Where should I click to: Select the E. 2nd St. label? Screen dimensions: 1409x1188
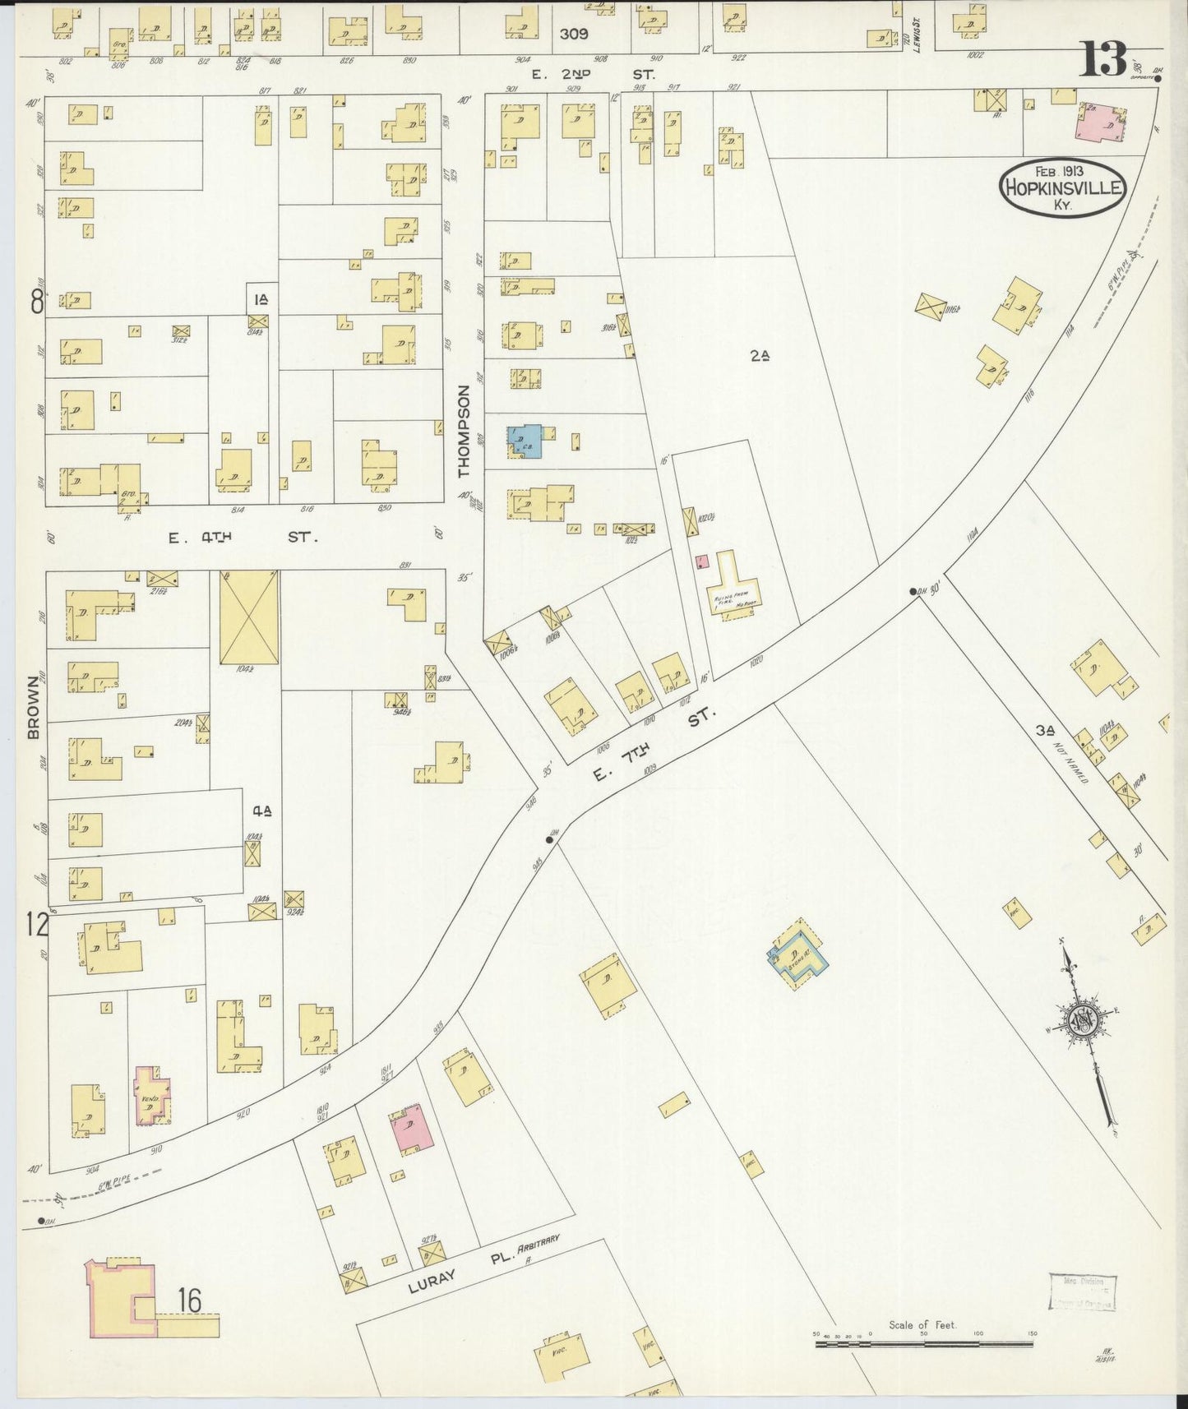592,74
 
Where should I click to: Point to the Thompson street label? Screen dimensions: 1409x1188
464,432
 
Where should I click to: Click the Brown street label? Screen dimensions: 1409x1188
34,707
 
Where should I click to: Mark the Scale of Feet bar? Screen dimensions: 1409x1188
925,1345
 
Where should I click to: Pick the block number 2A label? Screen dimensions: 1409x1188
760,356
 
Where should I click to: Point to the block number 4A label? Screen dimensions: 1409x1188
262,811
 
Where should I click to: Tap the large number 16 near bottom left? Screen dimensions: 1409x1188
189,1300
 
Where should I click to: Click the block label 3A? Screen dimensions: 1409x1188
1045,730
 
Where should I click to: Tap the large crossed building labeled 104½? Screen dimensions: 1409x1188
249,617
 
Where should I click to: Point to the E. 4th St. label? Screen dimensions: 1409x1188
242,538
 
